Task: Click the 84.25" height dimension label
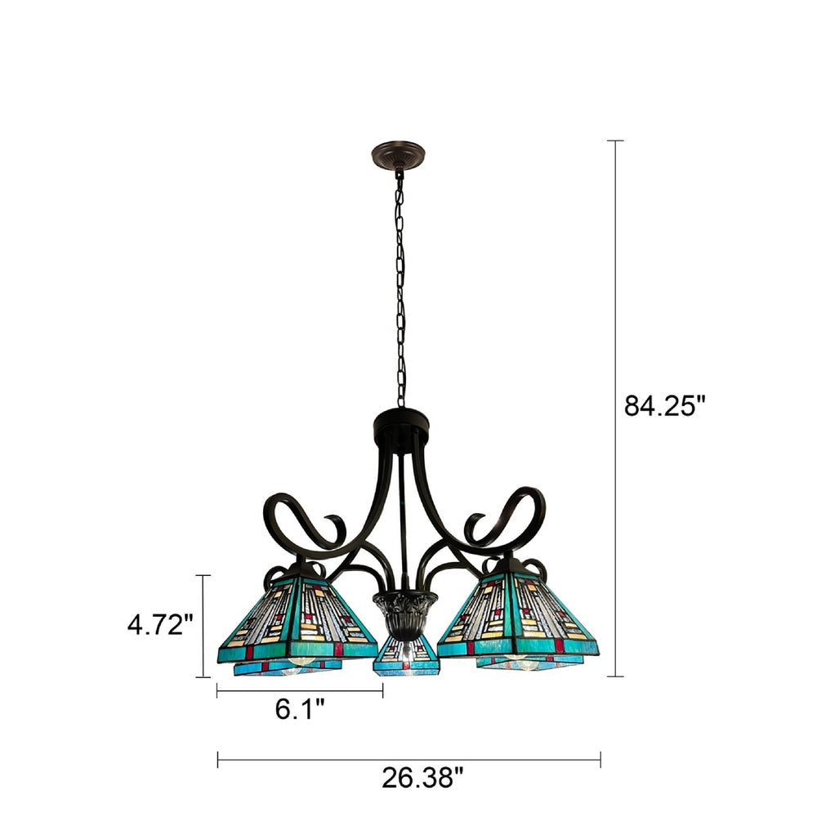[x=663, y=405]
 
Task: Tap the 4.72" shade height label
[x=160, y=625]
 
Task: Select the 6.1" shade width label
[x=299, y=709]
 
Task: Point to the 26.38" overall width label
[x=417, y=777]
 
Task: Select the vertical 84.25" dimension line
[x=615, y=408]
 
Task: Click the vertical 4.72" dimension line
[x=204, y=626]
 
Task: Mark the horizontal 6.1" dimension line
[x=300, y=691]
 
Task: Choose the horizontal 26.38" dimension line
[x=408, y=759]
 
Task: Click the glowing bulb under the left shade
[x=301, y=659]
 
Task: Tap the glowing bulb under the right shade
[x=516, y=658]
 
